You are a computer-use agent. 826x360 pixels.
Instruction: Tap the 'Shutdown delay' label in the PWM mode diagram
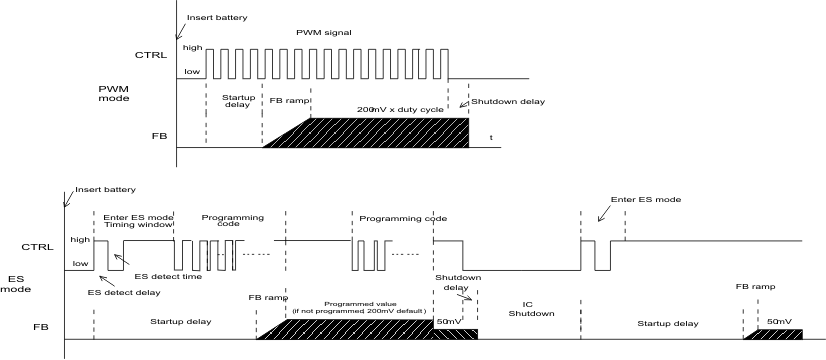coord(499,101)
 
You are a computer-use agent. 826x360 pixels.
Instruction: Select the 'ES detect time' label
coord(164,276)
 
